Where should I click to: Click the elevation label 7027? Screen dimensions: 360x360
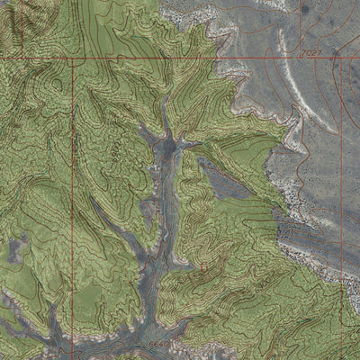click(x=309, y=54)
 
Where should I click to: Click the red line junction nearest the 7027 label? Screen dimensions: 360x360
click(x=340, y=58)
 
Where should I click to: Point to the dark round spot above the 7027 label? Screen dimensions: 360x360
click(x=304, y=9)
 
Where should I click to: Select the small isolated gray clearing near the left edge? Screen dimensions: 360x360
click(x=18, y=243)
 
